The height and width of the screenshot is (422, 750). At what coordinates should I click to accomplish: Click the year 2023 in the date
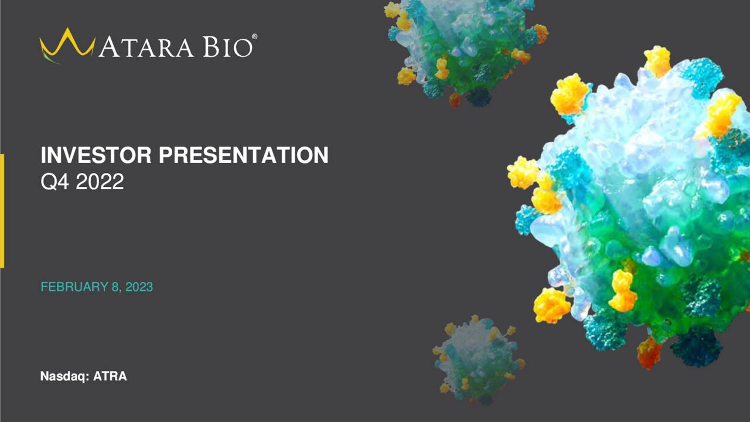tap(139, 287)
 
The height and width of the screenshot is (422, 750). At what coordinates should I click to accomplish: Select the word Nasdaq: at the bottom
tap(64, 376)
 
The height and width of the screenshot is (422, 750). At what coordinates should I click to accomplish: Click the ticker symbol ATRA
tap(110, 376)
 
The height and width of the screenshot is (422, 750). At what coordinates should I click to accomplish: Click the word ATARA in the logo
tap(146, 47)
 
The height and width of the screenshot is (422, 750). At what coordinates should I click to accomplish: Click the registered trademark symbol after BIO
tap(254, 37)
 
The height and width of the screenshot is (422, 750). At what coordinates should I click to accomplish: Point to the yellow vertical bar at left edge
tap(2, 210)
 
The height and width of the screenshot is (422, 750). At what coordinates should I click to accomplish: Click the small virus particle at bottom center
tap(478, 360)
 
